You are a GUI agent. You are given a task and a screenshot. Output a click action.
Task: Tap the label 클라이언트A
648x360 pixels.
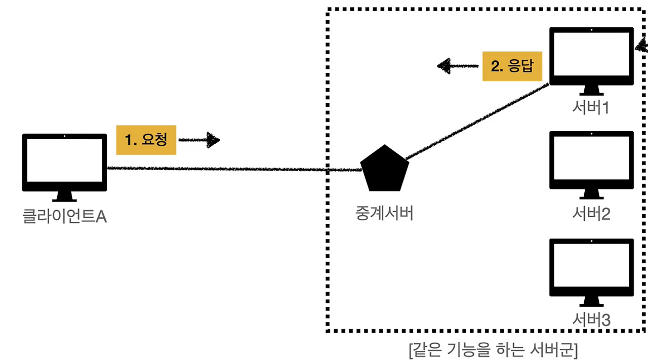pos(65,217)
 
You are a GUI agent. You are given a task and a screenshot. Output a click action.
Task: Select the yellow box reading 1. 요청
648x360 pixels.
pos(146,140)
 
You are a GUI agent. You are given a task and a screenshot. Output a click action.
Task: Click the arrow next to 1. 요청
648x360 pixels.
pos(200,140)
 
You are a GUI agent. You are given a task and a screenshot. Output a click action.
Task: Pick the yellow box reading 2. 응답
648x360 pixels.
pos(512,66)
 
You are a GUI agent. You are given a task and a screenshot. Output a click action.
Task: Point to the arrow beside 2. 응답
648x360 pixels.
pos(458,66)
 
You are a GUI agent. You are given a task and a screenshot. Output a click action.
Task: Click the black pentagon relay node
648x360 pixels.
pos(384,169)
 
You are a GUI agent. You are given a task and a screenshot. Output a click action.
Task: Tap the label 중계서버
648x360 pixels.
pos(384,213)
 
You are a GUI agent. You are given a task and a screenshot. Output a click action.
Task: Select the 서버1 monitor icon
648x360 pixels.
pos(591,57)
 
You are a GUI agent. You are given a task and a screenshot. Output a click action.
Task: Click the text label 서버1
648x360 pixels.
pos(591,108)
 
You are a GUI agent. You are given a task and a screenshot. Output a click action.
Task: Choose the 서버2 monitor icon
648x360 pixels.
pos(591,161)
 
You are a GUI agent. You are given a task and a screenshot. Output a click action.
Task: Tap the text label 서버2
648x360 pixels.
pos(591,214)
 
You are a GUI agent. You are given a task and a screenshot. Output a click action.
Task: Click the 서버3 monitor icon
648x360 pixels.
pos(591,268)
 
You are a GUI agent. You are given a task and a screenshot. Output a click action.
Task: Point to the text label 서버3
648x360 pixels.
pos(591,320)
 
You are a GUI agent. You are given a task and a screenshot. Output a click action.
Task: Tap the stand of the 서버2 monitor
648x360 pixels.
pos(591,194)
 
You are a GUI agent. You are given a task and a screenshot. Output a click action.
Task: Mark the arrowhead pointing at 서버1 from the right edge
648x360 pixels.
pos(642,48)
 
